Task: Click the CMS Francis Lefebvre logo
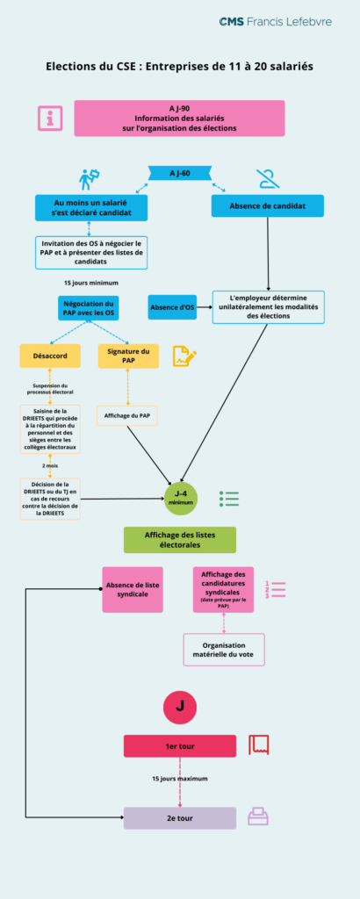[274, 21]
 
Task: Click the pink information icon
[49, 119]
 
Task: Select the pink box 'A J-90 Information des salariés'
[179, 119]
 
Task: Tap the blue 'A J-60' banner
[179, 174]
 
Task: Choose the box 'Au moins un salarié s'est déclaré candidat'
[90, 206]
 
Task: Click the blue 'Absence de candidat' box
[267, 206]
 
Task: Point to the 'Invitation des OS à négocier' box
[90, 252]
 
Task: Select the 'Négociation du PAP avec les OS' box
[90, 308]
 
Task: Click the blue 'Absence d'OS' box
[171, 307]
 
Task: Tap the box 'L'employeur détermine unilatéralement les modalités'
[268, 307]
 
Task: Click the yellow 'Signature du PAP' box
[127, 356]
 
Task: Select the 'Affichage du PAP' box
[127, 414]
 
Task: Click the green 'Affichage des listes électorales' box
[179, 540]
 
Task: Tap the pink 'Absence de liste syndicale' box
[132, 589]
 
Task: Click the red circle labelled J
[180, 706]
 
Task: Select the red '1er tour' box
[179, 746]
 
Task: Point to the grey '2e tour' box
[179, 817]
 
